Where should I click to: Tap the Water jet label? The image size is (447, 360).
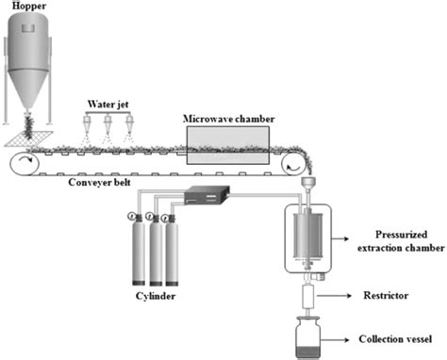coord(108,103)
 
